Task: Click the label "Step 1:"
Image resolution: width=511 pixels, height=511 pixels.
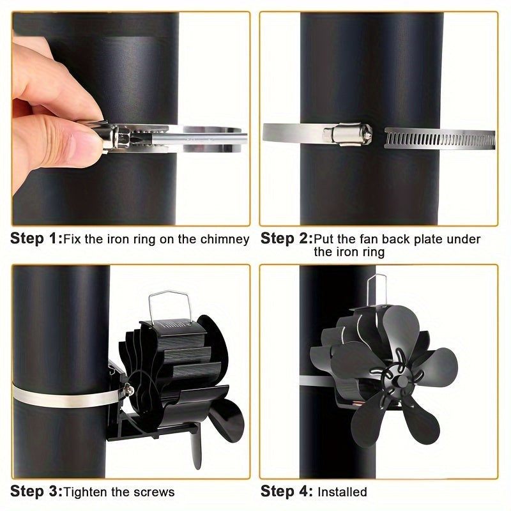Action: click(x=35, y=240)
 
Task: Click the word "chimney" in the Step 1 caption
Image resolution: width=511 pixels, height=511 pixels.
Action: click(x=224, y=240)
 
